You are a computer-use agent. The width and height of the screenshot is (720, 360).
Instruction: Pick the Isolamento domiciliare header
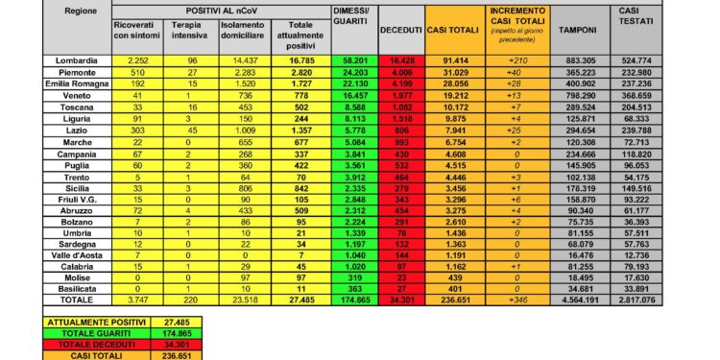click(240, 30)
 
